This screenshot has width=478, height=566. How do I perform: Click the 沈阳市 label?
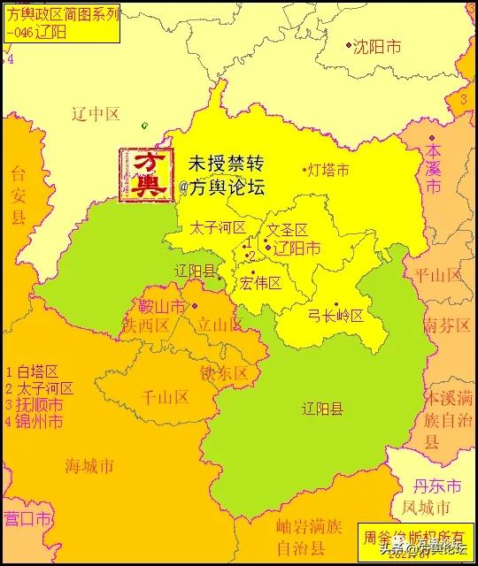click(377, 46)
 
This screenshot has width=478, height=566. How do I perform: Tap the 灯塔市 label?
click(328, 170)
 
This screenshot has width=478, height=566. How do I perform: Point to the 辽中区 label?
click(95, 113)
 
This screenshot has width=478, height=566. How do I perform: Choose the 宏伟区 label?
click(261, 283)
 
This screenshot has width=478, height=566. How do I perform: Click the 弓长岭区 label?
click(335, 316)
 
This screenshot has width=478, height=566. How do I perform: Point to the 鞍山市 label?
click(162, 307)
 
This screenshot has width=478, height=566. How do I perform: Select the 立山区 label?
click(219, 325)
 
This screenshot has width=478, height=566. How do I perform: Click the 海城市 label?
click(89, 464)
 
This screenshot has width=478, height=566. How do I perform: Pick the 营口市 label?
click(26, 517)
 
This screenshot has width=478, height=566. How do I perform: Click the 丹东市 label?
click(438, 487)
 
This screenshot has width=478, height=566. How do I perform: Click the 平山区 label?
click(439, 275)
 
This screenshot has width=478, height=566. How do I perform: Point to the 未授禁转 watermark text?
click(226, 164)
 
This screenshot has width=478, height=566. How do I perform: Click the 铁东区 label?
click(224, 373)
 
